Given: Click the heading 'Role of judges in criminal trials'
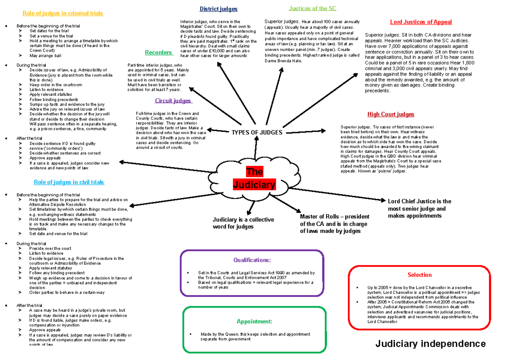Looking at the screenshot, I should click(63, 14).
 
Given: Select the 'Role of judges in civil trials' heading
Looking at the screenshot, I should click(69, 182).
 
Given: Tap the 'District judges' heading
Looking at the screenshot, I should click(218, 9).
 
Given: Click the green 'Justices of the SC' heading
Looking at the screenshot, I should click(313, 8).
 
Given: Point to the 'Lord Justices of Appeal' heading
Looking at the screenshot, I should click(421, 22).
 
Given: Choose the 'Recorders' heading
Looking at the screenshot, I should click(159, 53).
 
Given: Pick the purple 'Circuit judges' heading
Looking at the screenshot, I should click(173, 101).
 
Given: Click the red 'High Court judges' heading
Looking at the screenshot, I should click(391, 114).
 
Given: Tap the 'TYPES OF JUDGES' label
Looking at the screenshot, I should click(257, 132).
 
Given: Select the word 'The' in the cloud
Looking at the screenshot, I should click(255, 172).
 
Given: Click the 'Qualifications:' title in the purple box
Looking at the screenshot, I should click(252, 260).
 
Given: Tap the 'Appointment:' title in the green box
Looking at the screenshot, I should click(255, 322).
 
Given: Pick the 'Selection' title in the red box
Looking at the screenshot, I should click(420, 275).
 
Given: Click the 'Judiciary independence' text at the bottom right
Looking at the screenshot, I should click(431, 343).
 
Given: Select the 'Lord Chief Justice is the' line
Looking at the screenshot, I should click(420, 201).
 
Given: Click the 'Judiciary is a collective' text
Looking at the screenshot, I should click(243, 220).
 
